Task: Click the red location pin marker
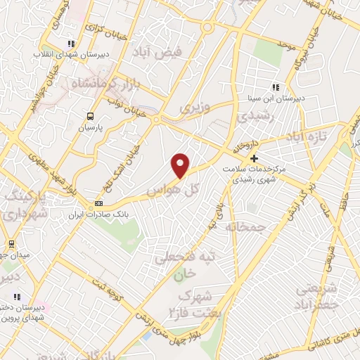181,165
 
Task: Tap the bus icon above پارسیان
89,117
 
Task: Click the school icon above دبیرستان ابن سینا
276,88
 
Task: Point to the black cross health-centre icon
254,159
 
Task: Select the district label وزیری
194,108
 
